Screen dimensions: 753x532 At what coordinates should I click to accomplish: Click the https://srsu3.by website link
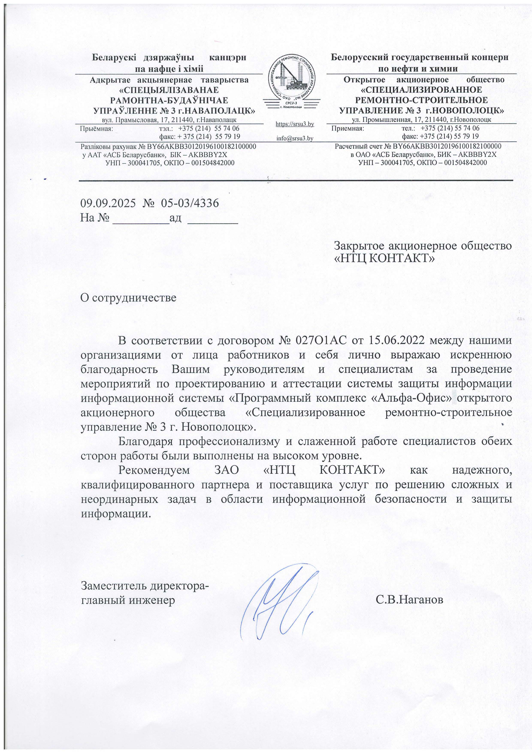[295, 124]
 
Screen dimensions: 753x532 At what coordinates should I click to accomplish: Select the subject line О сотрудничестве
[128, 298]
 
